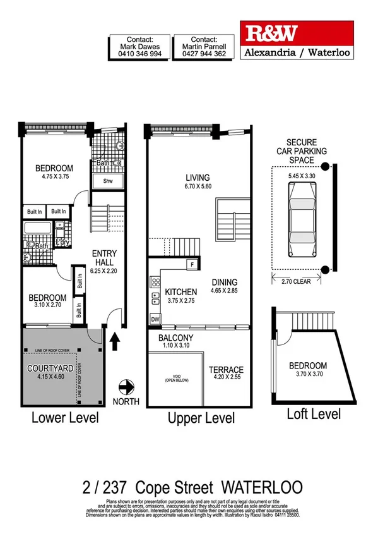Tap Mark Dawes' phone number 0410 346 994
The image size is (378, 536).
click(140, 55)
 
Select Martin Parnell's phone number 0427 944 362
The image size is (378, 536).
click(205, 55)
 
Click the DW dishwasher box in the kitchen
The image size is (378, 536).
click(155, 320)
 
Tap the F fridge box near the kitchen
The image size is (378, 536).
click(191, 264)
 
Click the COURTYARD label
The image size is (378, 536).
click(50, 368)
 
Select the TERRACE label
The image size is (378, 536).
click(225, 370)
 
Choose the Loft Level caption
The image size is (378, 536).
click(314, 414)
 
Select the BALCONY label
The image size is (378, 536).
click(175, 338)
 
